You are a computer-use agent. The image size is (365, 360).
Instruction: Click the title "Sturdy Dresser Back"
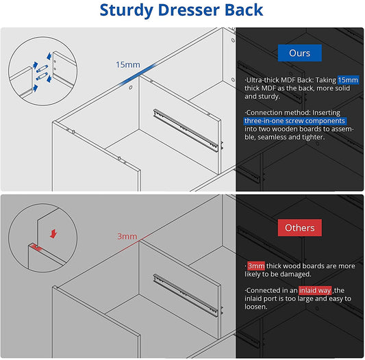[182, 11]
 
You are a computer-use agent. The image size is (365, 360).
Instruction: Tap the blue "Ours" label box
[299, 53]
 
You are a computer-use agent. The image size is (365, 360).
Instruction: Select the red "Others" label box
[299, 228]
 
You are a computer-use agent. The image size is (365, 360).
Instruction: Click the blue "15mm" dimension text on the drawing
[127, 65]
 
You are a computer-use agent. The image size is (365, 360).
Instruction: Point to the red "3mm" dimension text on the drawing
[127, 236]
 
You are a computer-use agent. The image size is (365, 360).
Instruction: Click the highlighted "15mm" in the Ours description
[347, 80]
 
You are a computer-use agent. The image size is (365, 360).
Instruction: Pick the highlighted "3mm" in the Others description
[256, 264]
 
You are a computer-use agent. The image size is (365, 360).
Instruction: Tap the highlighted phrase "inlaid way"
[314, 290]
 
